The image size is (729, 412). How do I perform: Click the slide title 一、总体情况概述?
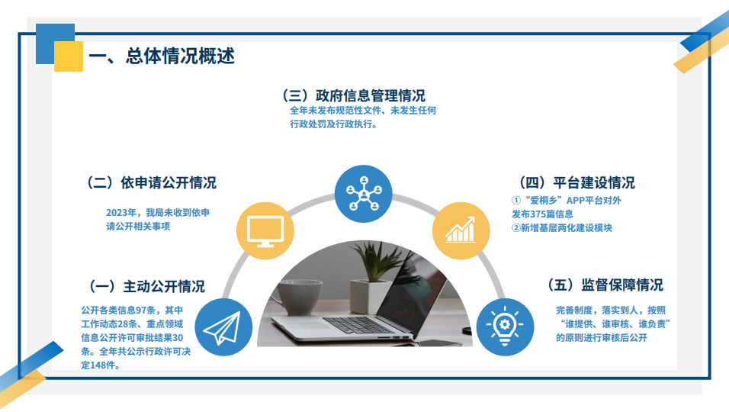162,56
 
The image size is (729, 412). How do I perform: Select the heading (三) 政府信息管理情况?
353,95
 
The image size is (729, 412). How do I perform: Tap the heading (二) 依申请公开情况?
151,183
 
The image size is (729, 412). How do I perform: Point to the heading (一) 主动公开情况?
147,286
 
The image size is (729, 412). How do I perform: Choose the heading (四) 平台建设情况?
576,183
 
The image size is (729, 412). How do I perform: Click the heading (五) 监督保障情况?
605,285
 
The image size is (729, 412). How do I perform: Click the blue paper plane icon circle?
223,327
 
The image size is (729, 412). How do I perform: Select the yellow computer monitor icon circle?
265,230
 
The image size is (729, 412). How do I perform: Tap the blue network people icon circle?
364,194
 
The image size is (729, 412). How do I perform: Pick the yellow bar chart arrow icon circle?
461,230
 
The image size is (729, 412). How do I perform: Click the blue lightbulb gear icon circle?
505,327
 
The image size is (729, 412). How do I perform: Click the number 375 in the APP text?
538,214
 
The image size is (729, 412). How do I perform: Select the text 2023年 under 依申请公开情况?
121,213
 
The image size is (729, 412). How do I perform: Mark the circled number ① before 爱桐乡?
516,201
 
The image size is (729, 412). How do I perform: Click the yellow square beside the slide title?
69,56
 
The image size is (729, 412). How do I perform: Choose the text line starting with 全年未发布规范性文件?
363,110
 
